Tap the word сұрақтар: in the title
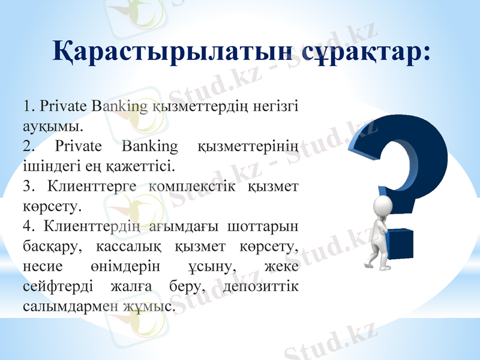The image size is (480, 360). (x=365, y=51)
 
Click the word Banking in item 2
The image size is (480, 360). (x=149, y=146)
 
